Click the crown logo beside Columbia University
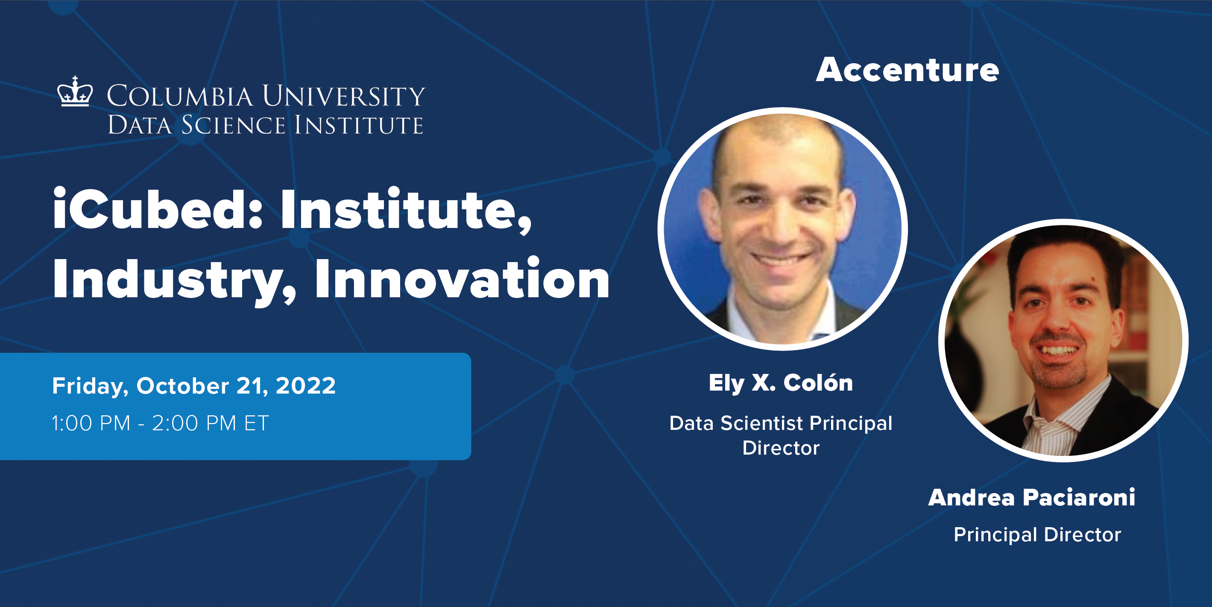(x=75, y=92)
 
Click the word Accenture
(x=907, y=70)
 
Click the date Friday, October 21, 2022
(x=194, y=386)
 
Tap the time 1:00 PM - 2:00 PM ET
(x=160, y=423)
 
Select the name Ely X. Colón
(x=781, y=383)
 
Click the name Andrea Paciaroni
(x=1031, y=497)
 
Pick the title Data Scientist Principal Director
(x=781, y=435)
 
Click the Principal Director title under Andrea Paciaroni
(x=1037, y=534)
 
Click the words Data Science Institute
(x=265, y=125)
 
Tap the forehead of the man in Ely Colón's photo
(x=779, y=150)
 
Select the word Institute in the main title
(x=406, y=210)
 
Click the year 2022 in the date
(x=306, y=386)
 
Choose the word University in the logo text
(x=343, y=96)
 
